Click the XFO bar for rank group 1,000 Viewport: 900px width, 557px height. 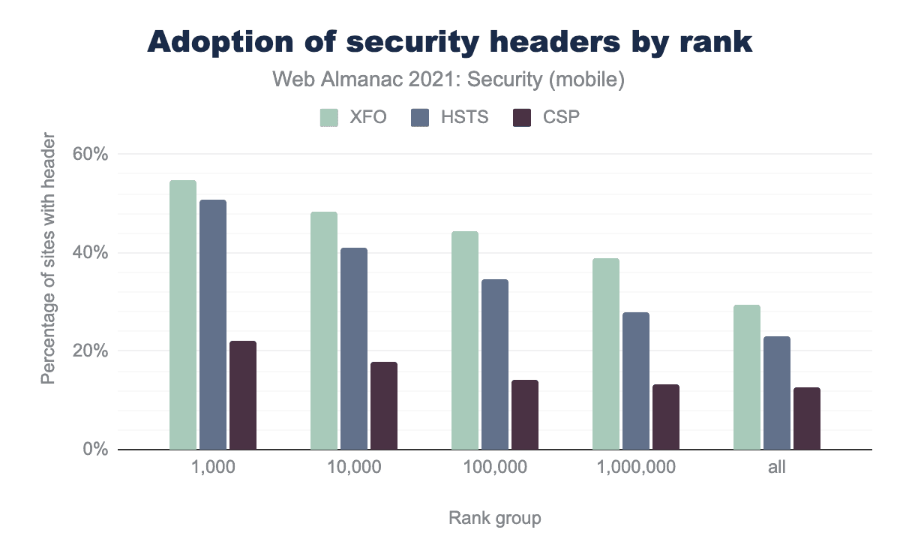tap(183, 315)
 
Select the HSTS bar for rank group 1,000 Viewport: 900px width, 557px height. tap(213, 325)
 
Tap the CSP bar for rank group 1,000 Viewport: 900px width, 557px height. tap(243, 396)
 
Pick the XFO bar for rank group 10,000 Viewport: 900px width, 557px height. tap(324, 331)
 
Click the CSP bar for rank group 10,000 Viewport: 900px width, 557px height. tap(384, 406)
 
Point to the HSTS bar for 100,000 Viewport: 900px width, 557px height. tap(495, 365)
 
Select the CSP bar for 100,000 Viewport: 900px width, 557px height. tap(525, 415)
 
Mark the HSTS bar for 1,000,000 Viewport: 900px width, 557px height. tap(636, 381)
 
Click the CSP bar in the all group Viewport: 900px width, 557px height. tap(807, 419)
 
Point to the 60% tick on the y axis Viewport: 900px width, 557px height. tap(91, 155)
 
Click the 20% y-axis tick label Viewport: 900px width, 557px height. tap(91, 351)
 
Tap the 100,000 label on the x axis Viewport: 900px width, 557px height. tap(495, 467)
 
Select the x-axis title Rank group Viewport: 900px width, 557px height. tap(495, 518)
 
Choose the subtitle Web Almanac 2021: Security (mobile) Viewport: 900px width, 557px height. tap(449, 80)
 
